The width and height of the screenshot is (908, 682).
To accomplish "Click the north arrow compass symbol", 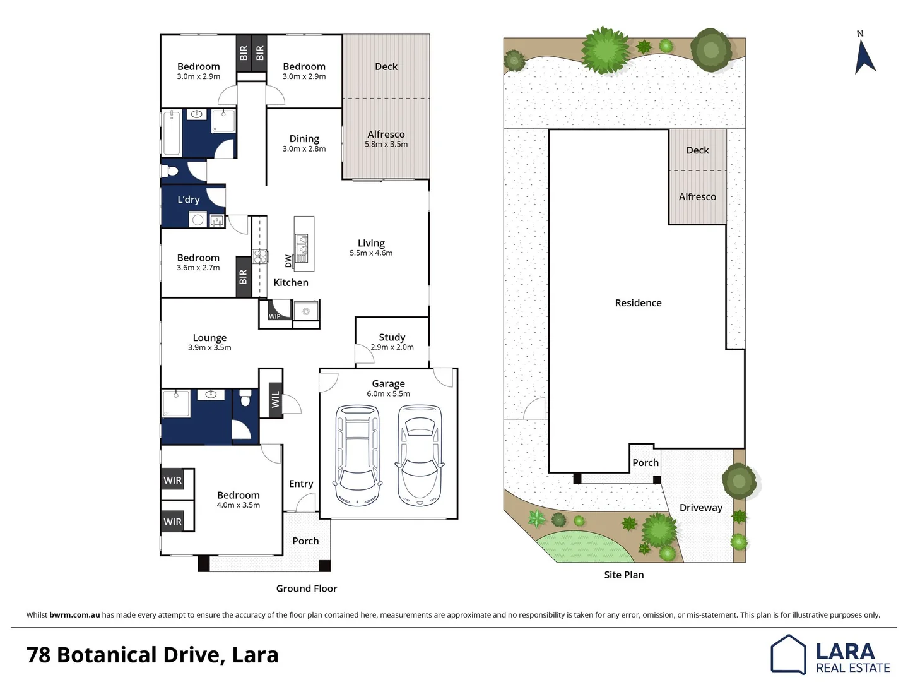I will click(864, 56).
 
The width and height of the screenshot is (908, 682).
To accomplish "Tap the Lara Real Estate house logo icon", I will click(788, 654).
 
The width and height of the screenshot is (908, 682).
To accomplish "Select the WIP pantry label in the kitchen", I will click(274, 316).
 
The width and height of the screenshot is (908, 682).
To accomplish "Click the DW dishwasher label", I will click(288, 260).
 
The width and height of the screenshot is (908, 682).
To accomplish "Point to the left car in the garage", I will click(358, 455).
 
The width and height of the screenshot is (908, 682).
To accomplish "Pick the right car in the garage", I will click(420, 455).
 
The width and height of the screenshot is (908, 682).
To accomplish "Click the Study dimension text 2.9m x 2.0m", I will click(392, 347).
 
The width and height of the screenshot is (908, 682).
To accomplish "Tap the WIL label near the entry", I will click(275, 400).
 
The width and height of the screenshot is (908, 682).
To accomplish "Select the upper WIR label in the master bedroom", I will click(173, 481).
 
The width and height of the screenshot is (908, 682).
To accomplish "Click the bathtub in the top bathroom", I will click(172, 133).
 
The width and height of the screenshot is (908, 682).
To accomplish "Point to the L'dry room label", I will click(188, 200).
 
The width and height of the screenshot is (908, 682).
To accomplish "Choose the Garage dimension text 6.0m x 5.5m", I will click(388, 394).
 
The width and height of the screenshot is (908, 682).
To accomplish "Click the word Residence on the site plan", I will click(638, 303).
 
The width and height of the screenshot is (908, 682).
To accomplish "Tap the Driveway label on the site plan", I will click(700, 508).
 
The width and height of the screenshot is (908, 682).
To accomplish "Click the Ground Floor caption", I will click(307, 589).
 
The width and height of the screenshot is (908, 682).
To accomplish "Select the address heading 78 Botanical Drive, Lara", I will click(152, 655).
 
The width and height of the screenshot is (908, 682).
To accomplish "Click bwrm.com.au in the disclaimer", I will click(74, 615).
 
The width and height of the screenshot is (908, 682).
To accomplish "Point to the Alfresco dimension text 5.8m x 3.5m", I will click(386, 145).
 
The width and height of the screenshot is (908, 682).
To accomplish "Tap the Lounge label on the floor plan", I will click(209, 338).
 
